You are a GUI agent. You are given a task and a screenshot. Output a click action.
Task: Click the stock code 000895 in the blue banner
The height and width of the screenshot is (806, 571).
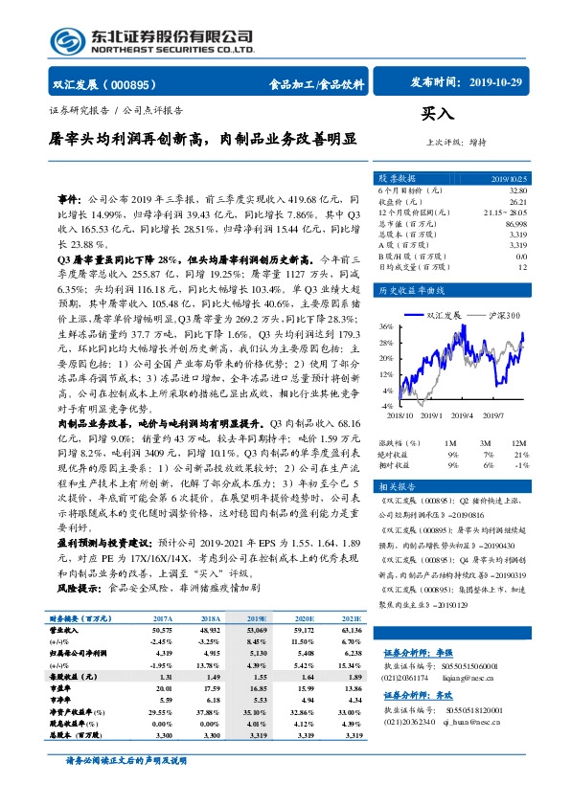click(x=133, y=84)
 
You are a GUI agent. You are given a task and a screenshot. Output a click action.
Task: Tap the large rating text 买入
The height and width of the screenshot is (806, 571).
click(x=437, y=114)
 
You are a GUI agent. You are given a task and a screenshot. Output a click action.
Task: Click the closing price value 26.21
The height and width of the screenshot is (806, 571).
click(x=518, y=202)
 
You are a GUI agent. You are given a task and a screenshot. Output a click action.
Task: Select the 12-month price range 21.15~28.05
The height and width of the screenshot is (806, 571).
click(x=506, y=213)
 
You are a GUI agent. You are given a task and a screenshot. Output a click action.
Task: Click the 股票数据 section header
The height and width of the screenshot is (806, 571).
click(x=398, y=179)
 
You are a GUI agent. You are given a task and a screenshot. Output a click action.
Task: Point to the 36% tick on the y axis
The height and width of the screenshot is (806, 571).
click(x=386, y=326)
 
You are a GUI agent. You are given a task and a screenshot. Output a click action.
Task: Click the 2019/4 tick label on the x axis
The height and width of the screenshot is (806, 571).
click(x=460, y=415)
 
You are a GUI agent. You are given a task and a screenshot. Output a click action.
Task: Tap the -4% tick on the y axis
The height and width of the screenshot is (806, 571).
click(x=387, y=390)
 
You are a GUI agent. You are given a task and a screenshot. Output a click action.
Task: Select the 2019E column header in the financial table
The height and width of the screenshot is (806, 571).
click(x=256, y=619)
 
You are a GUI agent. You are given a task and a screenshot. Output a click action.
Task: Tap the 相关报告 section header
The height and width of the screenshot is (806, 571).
click(x=398, y=487)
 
